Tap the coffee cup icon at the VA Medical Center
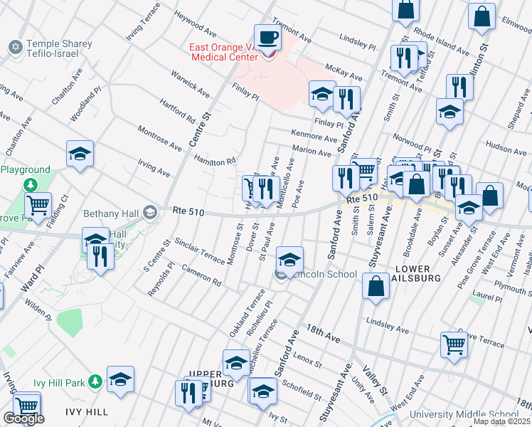267,36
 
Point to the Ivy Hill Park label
60,383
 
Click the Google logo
23,418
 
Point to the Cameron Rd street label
201,276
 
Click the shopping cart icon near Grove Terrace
454,345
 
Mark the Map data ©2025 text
501,421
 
